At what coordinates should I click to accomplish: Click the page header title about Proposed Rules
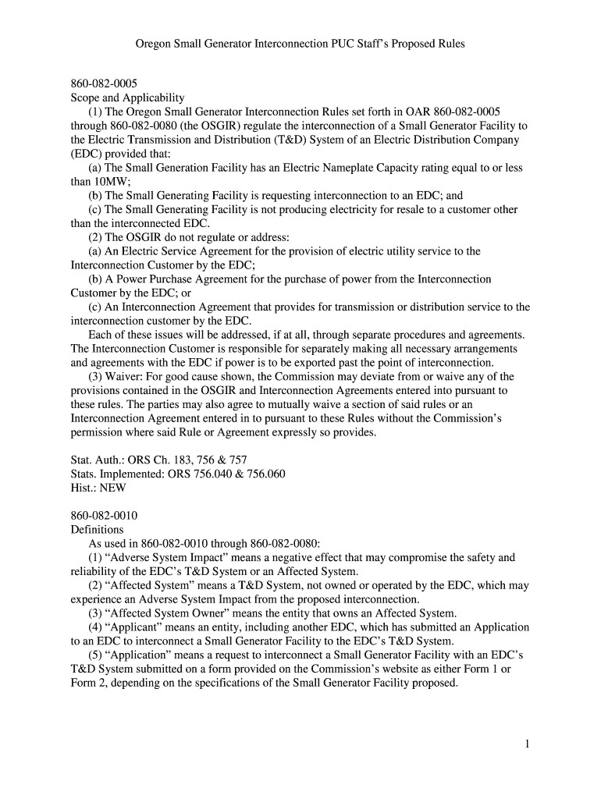pos(300,44)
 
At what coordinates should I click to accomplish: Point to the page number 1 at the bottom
pos(527,744)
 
